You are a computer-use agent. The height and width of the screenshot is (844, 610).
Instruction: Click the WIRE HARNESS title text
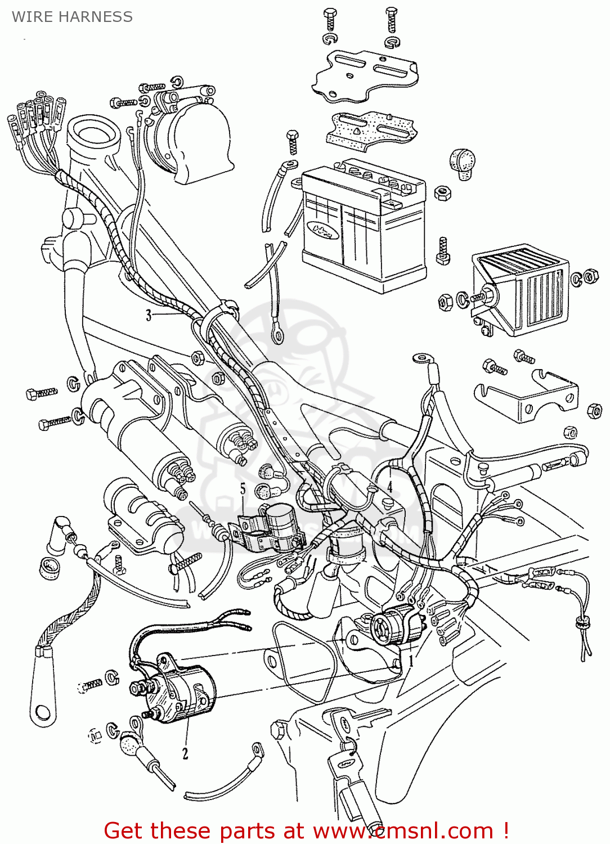click(72, 17)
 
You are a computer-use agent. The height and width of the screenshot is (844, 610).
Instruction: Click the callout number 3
click(149, 315)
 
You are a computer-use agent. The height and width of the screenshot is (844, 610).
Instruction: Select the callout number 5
click(243, 489)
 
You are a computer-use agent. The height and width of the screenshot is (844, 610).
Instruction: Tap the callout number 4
click(389, 486)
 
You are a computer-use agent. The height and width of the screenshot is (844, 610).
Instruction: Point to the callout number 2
click(185, 753)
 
